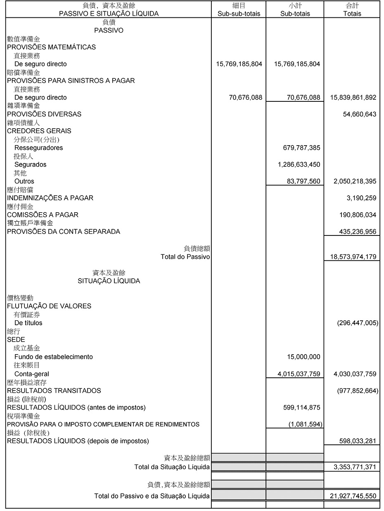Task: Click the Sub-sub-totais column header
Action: pos(239,14)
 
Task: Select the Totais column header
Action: pos(352,14)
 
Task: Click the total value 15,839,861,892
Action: pos(353,98)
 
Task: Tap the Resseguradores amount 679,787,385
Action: pos(300,148)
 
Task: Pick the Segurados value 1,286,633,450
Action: pos(299,165)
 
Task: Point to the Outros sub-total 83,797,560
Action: pos(303,181)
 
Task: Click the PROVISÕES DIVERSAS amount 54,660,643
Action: pos(359,114)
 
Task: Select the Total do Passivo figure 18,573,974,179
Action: pos(353,257)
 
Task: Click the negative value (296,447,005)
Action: pos(358,323)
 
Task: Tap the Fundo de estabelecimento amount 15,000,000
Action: pos(303,357)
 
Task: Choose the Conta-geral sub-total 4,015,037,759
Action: pos(299,374)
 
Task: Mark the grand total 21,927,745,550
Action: pos(353,496)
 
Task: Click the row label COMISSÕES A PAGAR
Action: pos(43,215)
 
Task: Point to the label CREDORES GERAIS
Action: pos(39,131)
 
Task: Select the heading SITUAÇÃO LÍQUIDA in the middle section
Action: pos(109,281)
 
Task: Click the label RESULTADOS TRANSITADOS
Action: pos(54,391)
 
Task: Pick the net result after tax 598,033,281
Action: pos(358,441)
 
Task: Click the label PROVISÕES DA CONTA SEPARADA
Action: pos(64,231)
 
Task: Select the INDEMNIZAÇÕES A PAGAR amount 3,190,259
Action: pos(361,198)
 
